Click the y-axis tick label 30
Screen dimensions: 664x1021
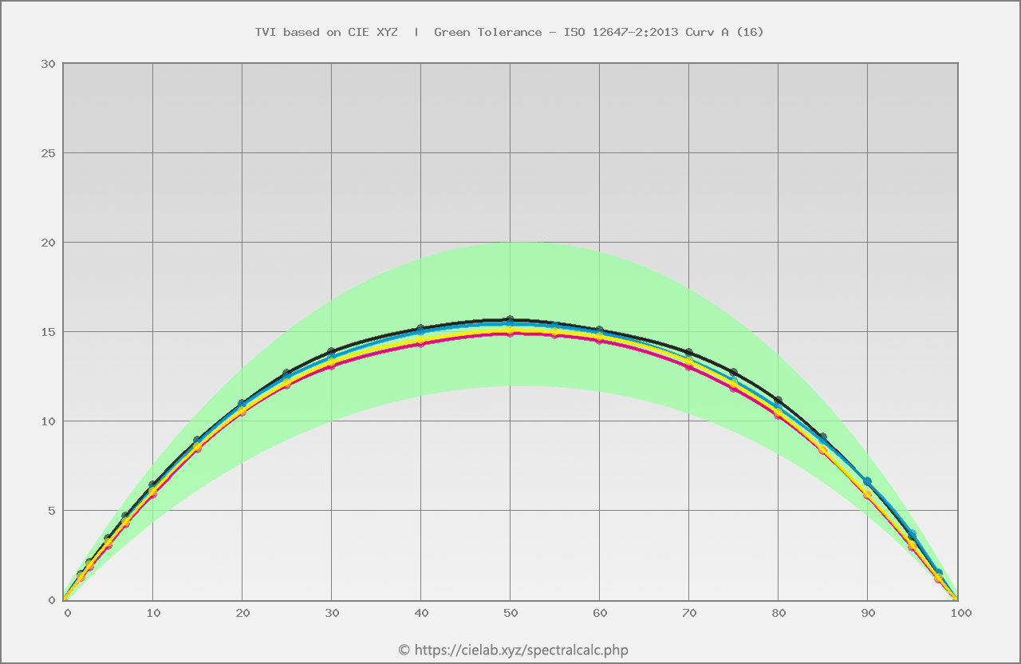point(48,64)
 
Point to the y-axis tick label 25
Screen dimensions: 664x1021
point(48,153)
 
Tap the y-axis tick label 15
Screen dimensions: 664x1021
point(48,332)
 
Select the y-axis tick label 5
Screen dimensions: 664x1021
point(51,511)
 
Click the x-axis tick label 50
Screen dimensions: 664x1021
point(510,613)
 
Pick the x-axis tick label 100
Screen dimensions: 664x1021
point(960,613)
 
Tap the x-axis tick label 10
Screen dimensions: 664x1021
point(153,613)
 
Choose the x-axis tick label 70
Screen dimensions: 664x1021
point(689,613)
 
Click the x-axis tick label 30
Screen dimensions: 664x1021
point(332,613)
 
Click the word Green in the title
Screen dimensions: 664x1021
point(451,32)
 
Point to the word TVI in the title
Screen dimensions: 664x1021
point(265,32)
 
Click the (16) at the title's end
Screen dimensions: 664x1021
point(750,32)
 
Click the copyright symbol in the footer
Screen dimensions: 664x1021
point(404,650)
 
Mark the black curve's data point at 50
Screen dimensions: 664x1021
point(510,320)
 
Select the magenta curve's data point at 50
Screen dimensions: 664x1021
point(510,334)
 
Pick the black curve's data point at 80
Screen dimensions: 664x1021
point(779,400)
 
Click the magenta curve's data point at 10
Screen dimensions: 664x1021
point(153,495)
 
